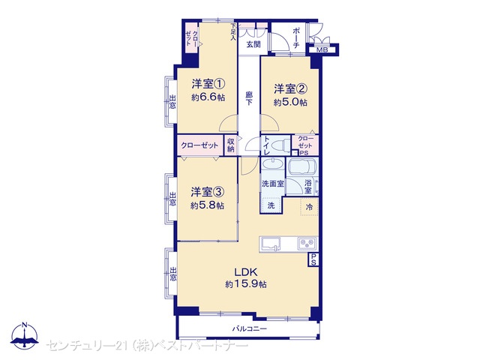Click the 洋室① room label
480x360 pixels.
pos(208,83)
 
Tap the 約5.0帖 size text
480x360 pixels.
pos(290,102)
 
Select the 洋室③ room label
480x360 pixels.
pos(208,192)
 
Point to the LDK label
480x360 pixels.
pos(245,271)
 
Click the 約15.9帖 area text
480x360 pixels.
pos(246,284)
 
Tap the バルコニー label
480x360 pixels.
pos(250,329)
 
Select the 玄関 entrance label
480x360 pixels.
pos(253,44)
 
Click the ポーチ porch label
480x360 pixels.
pos(296,38)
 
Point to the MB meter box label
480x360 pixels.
pos(322,50)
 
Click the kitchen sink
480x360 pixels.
pos(270,244)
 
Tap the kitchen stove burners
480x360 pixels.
pos(307,243)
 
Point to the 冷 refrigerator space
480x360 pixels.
pos(309,207)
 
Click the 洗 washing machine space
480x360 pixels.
pos(271,205)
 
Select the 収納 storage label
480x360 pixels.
pos(231,145)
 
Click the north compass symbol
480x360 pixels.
pos(25,335)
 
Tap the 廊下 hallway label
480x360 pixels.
pos(249,98)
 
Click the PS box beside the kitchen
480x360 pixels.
pos(313,259)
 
